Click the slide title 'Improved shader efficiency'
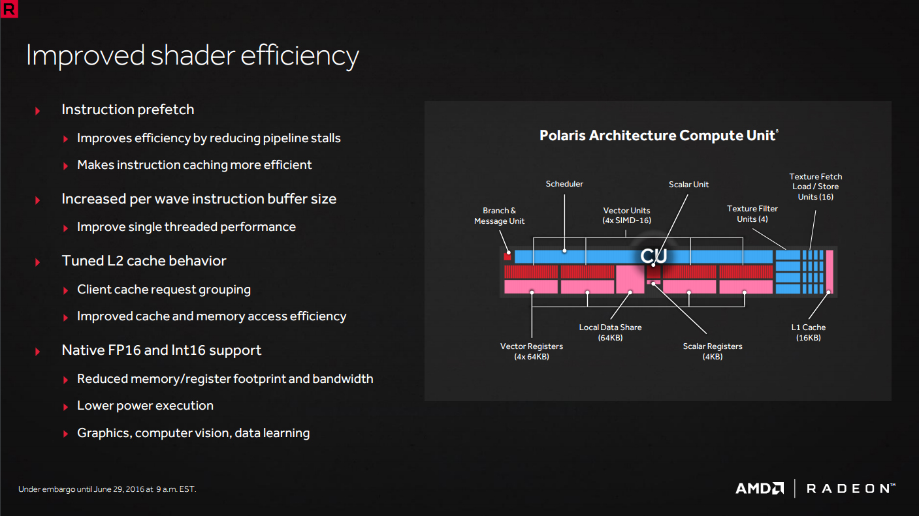pyautogui.click(x=193, y=56)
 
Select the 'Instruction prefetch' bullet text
pyautogui.click(x=127, y=110)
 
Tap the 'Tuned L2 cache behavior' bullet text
pyautogui.click(x=144, y=261)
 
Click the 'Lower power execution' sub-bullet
pyautogui.click(x=145, y=406)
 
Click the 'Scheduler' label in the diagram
pyautogui.click(x=564, y=184)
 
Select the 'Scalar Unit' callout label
pyautogui.click(x=688, y=185)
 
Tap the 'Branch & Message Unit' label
pyautogui.click(x=499, y=215)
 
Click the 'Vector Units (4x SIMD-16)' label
pyautogui.click(x=626, y=215)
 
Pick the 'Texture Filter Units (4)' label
pyautogui.click(x=752, y=213)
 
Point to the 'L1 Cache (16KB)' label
pyautogui.click(x=808, y=333)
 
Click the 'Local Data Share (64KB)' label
pyautogui.click(x=610, y=333)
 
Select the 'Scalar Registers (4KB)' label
pyautogui.click(x=712, y=351)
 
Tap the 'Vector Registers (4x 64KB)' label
pyautogui.click(x=531, y=351)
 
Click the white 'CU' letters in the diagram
pyautogui.click(x=654, y=256)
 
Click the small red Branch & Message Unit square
pyautogui.click(x=508, y=256)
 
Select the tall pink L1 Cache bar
pyautogui.click(x=829, y=272)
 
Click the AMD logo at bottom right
pyautogui.click(x=760, y=488)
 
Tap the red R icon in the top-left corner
pyautogui.click(x=9, y=9)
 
